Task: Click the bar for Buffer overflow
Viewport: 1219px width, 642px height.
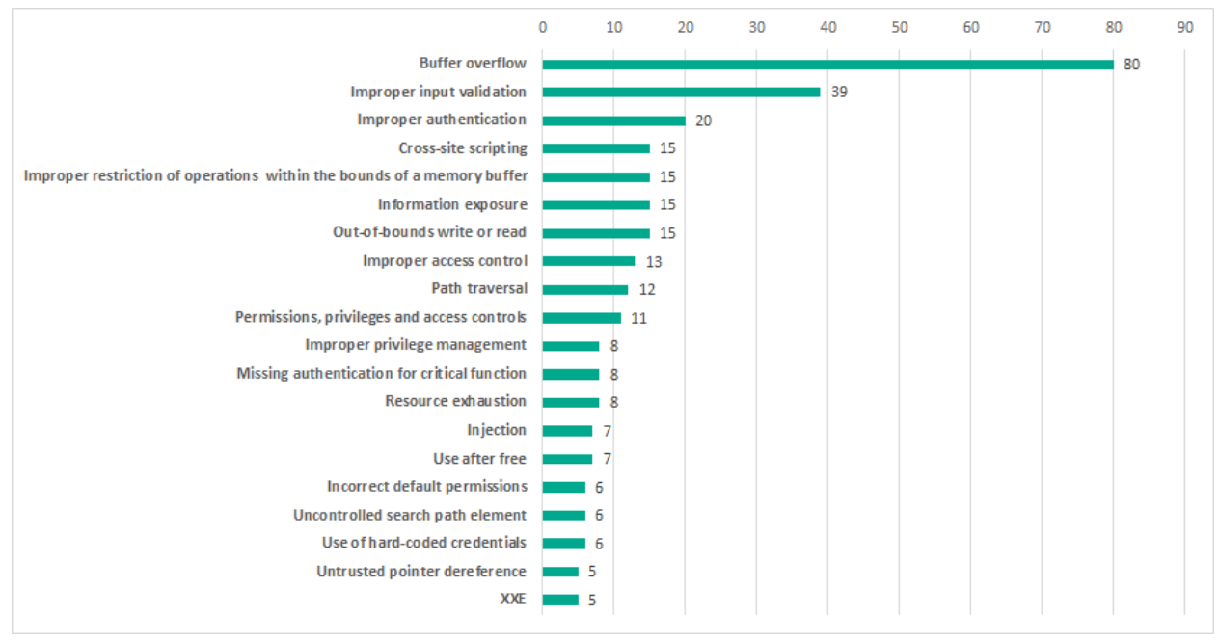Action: coord(827,65)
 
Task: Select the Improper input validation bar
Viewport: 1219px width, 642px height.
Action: coord(681,93)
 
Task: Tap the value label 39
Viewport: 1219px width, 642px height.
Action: coord(839,93)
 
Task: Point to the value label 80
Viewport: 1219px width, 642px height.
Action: coord(1131,65)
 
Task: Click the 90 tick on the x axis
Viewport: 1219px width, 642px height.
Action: coord(1184,28)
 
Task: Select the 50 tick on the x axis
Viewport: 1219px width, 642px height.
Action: coord(899,28)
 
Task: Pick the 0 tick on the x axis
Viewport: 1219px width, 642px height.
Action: coord(543,28)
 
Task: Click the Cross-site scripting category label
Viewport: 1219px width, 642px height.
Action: coord(463,148)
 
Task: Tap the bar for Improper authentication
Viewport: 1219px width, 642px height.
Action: coord(613,120)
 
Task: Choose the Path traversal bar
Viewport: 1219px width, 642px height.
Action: coord(585,289)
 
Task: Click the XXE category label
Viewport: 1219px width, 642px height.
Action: coord(513,599)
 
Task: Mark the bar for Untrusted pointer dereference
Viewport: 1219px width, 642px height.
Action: coord(560,571)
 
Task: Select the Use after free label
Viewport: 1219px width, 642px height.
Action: coord(479,458)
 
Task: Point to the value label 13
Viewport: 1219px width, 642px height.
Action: coord(653,261)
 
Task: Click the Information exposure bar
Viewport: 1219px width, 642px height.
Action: coord(596,204)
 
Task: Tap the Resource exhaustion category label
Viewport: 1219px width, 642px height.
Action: coord(455,401)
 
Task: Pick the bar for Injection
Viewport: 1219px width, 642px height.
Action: coord(567,430)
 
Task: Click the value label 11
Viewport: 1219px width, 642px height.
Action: coord(638,317)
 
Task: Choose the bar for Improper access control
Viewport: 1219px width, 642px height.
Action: coord(588,261)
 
